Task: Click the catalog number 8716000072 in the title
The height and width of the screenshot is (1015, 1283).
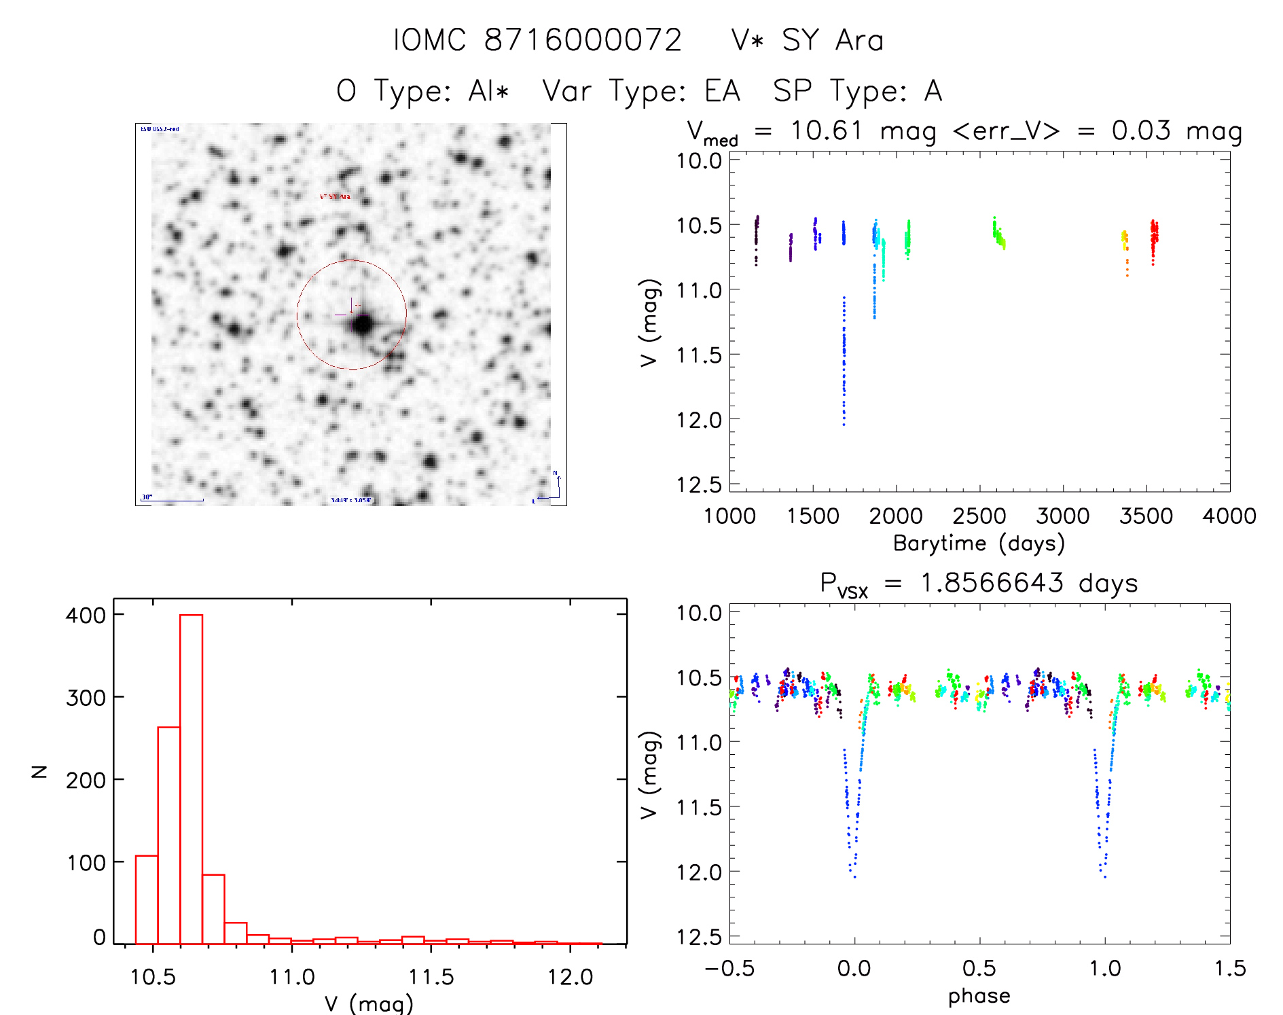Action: click(x=582, y=40)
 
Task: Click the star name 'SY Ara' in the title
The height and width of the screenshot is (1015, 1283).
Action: click(x=833, y=40)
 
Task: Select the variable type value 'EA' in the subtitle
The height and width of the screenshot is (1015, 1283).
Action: click(x=722, y=91)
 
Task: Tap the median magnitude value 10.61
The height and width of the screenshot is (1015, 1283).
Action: click(x=826, y=130)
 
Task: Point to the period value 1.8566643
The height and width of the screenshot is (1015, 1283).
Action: click(x=992, y=583)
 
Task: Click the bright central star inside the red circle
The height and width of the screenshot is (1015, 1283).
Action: click(x=363, y=325)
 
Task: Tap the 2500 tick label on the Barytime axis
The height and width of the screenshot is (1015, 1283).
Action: click(x=979, y=516)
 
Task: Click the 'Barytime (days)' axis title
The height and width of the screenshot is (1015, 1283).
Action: click(x=979, y=544)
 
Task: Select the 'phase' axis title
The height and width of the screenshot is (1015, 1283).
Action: click(x=979, y=996)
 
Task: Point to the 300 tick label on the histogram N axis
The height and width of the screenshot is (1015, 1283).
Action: click(x=86, y=698)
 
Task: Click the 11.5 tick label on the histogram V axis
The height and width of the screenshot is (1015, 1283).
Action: click(x=431, y=977)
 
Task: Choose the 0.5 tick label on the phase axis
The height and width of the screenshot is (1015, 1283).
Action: click(x=979, y=968)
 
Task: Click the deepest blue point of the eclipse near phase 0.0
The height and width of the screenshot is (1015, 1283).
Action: click(x=854, y=877)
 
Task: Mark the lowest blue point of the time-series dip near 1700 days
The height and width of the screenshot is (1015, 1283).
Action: click(x=844, y=425)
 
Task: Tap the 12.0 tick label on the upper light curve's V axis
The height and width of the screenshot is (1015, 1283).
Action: click(x=699, y=420)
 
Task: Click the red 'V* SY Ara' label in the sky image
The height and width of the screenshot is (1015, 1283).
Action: click(x=336, y=196)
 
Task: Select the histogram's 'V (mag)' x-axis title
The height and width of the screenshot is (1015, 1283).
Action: click(x=369, y=1003)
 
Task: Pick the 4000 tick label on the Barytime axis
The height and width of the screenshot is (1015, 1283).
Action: click(x=1229, y=516)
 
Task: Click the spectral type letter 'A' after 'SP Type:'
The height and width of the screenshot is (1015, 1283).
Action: click(x=933, y=91)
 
